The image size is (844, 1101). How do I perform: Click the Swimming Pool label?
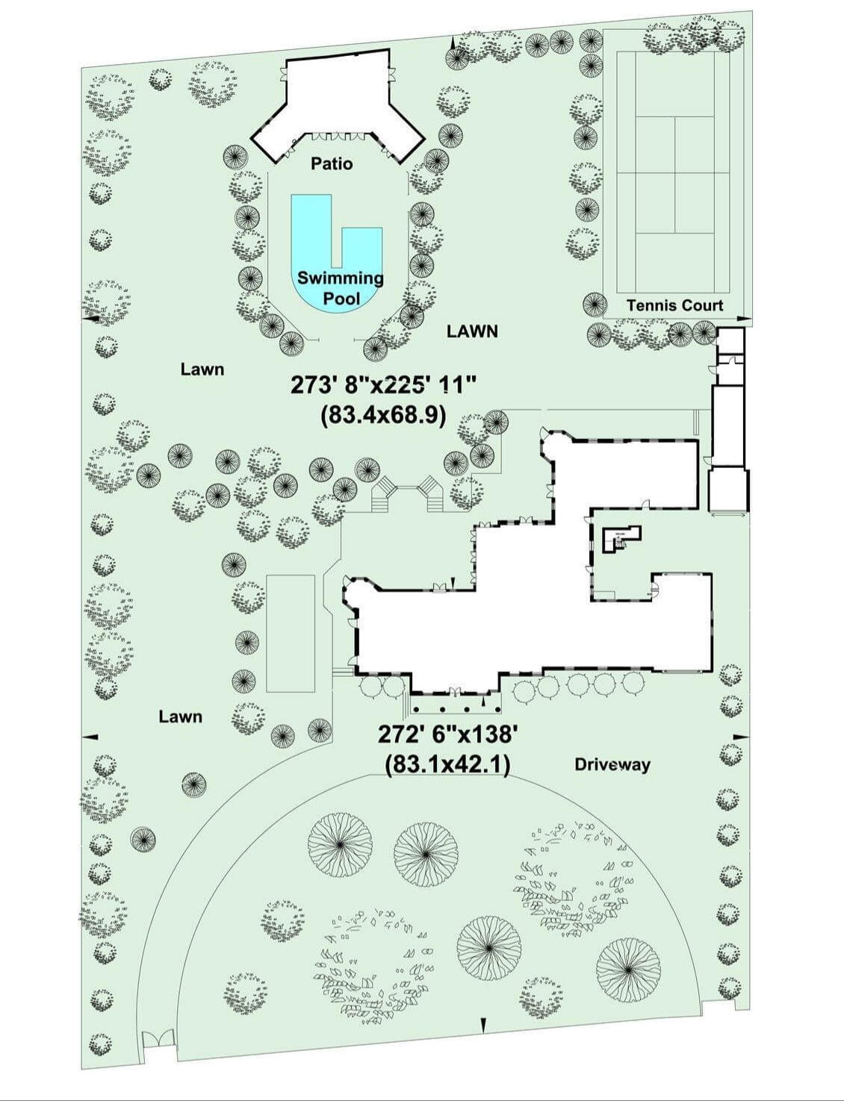(x=340, y=287)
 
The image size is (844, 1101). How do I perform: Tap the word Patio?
(x=332, y=164)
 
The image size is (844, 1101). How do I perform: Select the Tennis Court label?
(x=674, y=305)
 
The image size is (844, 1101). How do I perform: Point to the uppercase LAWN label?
(x=472, y=331)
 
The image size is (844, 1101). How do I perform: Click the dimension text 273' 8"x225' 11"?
(x=384, y=386)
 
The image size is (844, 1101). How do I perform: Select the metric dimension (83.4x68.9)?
(x=383, y=416)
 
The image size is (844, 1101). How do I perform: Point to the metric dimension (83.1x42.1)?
(x=447, y=764)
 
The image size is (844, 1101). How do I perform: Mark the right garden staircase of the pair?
(x=432, y=494)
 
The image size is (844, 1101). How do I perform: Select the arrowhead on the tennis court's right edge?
(x=743, y=318)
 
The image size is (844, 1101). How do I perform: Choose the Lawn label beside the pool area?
(x=202, y=369)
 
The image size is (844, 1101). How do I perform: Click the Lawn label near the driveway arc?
(x=180, y=717)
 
